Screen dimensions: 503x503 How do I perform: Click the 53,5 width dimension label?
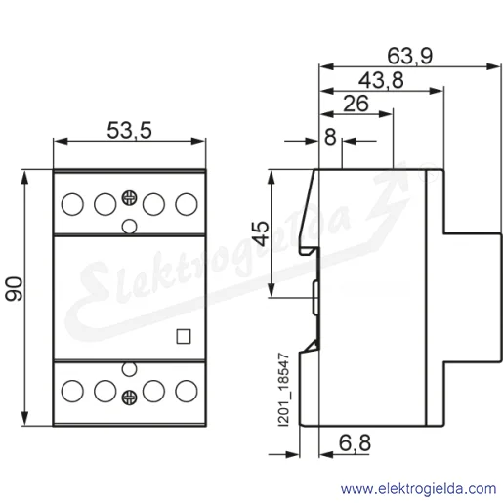130,130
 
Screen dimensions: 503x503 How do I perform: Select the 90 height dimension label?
14,289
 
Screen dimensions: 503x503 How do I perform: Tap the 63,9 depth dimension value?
410,56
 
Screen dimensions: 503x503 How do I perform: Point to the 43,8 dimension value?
381,80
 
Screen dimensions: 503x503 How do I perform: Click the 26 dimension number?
356,104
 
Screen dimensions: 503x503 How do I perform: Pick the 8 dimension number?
330,137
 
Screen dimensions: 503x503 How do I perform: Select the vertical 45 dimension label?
262,233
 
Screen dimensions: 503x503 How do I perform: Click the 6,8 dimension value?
355,443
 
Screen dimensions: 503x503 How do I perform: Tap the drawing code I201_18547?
284,390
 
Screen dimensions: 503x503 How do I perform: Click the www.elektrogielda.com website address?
418,489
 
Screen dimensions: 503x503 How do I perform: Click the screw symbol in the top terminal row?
129,198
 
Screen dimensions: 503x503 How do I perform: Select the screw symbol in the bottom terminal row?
129,398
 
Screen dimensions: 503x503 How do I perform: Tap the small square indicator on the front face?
184,336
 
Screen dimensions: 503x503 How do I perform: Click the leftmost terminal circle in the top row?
72,204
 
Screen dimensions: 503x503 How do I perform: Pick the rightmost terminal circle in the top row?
187,204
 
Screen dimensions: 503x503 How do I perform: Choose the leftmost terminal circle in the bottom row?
72,391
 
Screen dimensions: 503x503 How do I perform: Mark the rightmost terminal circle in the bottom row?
187,391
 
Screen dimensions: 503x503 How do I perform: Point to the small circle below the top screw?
129,226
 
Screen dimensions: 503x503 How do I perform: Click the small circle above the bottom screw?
129,369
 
